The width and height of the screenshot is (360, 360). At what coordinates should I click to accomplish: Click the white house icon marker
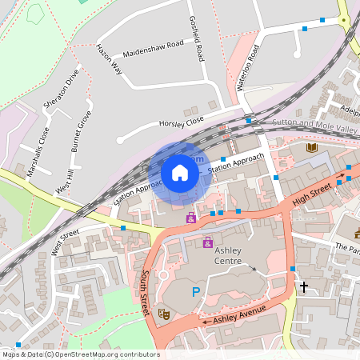180,172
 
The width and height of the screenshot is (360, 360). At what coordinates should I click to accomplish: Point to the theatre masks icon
163,314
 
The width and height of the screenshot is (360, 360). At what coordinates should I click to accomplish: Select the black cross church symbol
304,285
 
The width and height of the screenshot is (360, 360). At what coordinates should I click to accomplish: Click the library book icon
312,147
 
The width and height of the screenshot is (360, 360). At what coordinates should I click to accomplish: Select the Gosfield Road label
197,42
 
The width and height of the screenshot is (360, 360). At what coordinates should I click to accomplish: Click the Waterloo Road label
250,70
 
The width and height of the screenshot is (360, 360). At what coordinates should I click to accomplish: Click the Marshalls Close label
38,152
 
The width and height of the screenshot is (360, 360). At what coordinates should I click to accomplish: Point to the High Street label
311,193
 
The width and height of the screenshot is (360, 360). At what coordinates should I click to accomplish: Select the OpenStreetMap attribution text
80,354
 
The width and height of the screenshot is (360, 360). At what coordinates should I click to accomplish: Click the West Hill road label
64,181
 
